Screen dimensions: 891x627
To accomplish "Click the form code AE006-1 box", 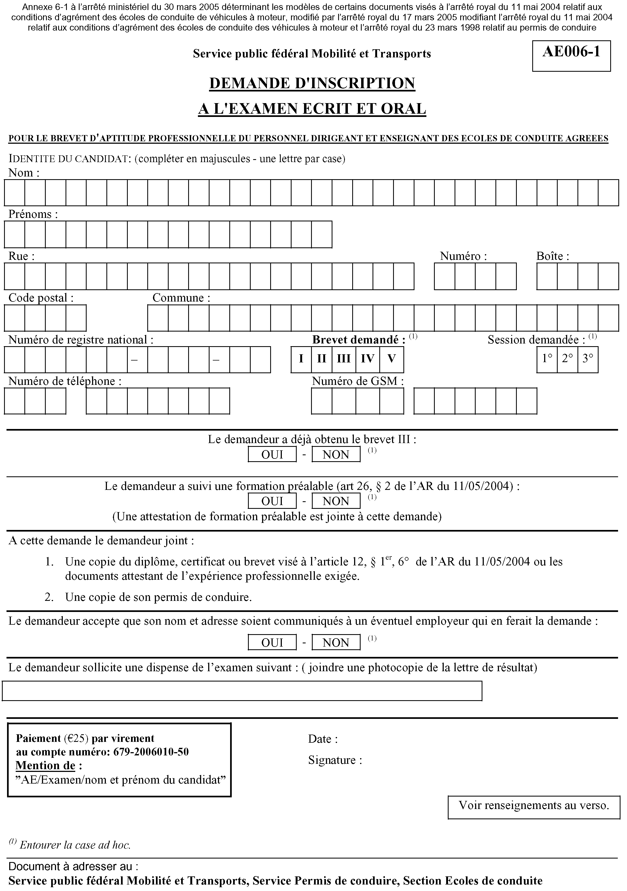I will coord(571,56).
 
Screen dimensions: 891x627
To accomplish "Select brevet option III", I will coord(344,359).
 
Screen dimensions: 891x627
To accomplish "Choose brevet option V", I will coord(392,359).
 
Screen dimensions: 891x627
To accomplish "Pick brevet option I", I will coord(301,359).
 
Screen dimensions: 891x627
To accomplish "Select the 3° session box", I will coord(588,359).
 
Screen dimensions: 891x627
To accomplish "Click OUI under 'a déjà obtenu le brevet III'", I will coord(272,454).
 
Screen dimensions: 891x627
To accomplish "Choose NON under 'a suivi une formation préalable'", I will coord(336,501).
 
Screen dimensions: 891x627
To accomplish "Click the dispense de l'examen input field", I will coord(242,691).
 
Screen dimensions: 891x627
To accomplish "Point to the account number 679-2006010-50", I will coord(151,752).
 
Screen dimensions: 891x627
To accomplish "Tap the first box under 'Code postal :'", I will coord(15,318).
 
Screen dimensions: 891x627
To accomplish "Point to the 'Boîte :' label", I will coord(553,256).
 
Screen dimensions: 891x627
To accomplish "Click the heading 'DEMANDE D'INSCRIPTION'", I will coord(312,83).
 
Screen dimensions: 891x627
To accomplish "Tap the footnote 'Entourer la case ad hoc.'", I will coord(75,845).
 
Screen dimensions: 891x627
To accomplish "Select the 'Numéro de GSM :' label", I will coord(358,381).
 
